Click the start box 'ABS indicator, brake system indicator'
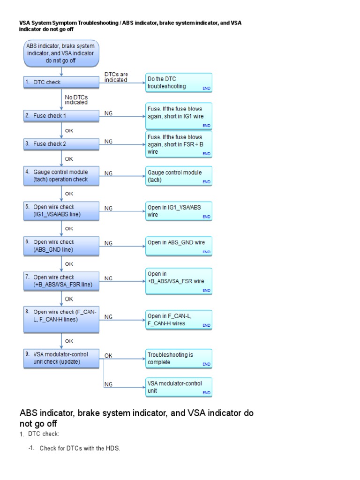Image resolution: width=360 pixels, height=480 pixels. click(x=61, y=53)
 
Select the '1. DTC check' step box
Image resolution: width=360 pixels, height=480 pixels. click(x=61, y=82)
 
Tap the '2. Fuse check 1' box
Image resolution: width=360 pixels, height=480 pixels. click(x=61, y=115)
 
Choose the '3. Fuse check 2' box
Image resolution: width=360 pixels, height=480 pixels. click(x=61, y=144)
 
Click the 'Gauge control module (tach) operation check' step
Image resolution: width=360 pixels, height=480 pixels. click(x=61, y=176)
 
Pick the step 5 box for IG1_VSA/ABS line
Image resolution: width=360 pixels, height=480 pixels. click(x=61, y=211)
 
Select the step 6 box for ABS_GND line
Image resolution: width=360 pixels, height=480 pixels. click(x=61, y=246)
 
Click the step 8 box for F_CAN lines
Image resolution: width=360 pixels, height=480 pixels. click(x=61, y=316)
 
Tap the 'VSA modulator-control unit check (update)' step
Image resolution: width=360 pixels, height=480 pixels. click(x=61, y=358)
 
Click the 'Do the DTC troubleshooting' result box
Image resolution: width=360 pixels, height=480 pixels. click(x=179, y=82)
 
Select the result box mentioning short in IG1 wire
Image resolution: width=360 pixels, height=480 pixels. click(x=179, y=116)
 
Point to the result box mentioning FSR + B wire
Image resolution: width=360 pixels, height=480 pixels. click(x=179, y=144)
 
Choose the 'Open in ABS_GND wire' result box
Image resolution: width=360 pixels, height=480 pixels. click(x=179, y=246)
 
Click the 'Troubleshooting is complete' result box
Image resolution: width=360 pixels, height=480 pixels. click(x=179, y=359)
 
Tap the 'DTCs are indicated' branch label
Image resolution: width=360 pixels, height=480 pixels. click(x=116, y=77)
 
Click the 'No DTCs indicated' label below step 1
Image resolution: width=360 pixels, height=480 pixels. click(x=76, y=99)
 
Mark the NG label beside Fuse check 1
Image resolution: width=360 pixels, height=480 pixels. click(x=108, y=113)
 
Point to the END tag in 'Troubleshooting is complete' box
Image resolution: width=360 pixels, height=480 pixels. click(x=206, y=364)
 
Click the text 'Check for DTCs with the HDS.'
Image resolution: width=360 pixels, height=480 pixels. click(x=80, y=449)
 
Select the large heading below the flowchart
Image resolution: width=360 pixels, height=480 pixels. click(x=136, y=418)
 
